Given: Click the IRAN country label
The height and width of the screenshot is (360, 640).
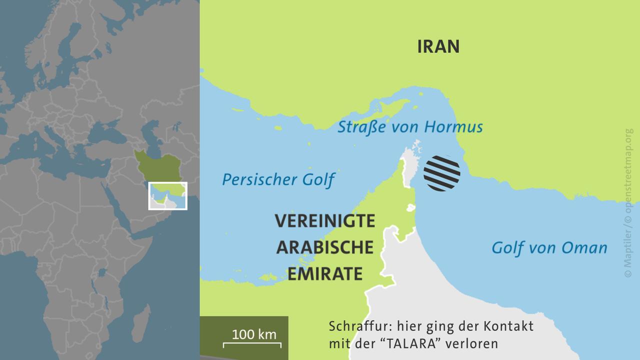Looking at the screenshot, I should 438,46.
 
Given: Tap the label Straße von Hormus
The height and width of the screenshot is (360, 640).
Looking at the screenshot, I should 410,127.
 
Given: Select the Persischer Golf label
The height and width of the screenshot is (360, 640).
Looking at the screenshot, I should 278,179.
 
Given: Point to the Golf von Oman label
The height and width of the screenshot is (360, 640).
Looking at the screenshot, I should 549,247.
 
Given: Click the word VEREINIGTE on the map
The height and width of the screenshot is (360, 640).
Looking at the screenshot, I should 324,221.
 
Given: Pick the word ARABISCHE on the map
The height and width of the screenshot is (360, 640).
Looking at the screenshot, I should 324,247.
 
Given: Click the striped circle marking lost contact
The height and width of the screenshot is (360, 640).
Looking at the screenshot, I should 441,173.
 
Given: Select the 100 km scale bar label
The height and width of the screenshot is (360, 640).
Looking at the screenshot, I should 254,334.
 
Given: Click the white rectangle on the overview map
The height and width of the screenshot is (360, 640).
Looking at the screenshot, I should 167,195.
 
